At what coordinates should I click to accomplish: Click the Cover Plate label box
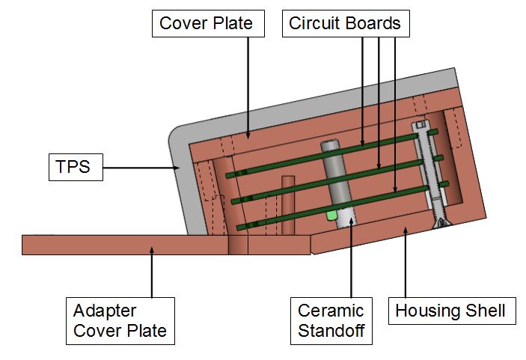[207, 23]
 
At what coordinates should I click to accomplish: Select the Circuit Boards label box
[345, 23]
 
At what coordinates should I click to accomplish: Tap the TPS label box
[73, 167]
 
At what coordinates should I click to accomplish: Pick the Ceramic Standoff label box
[331, 320]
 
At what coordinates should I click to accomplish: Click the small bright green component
[331, 216]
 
